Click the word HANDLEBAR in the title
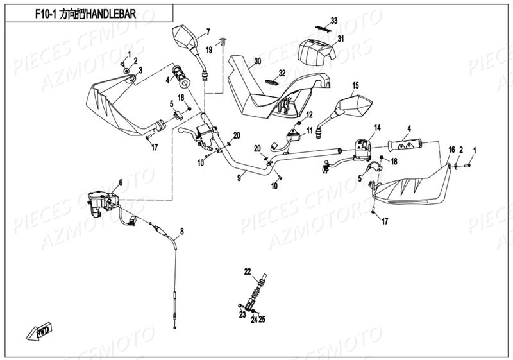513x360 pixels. pos(115,13)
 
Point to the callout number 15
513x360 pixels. pos(355,85)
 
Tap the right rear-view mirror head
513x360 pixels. pos(355,105)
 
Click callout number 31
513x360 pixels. pos(341,39)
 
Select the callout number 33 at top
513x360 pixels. pos(333,21)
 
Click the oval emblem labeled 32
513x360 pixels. pos(273,82)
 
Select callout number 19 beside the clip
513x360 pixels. pos(208,49)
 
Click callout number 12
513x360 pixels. pos(308,115)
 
